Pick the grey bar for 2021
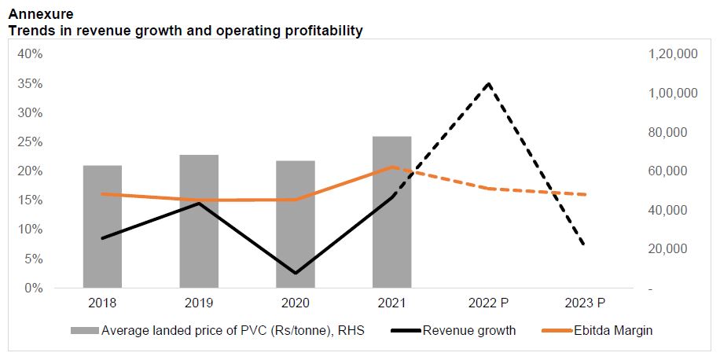391,212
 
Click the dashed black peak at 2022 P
489,83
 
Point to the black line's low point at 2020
296,274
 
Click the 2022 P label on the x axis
489,303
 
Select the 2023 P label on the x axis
585,303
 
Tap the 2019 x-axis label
199,303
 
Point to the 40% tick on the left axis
30,54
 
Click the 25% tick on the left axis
30,141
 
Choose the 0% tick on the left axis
33,288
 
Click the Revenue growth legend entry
469,330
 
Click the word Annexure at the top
40,14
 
